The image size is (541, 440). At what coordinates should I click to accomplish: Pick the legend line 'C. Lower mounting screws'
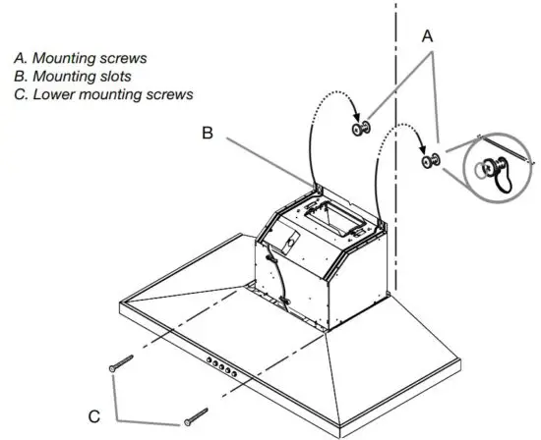click(103, 94)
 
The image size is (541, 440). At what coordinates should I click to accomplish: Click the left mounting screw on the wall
click(360, 130)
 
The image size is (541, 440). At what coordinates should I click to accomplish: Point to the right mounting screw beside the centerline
click(431, 159)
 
